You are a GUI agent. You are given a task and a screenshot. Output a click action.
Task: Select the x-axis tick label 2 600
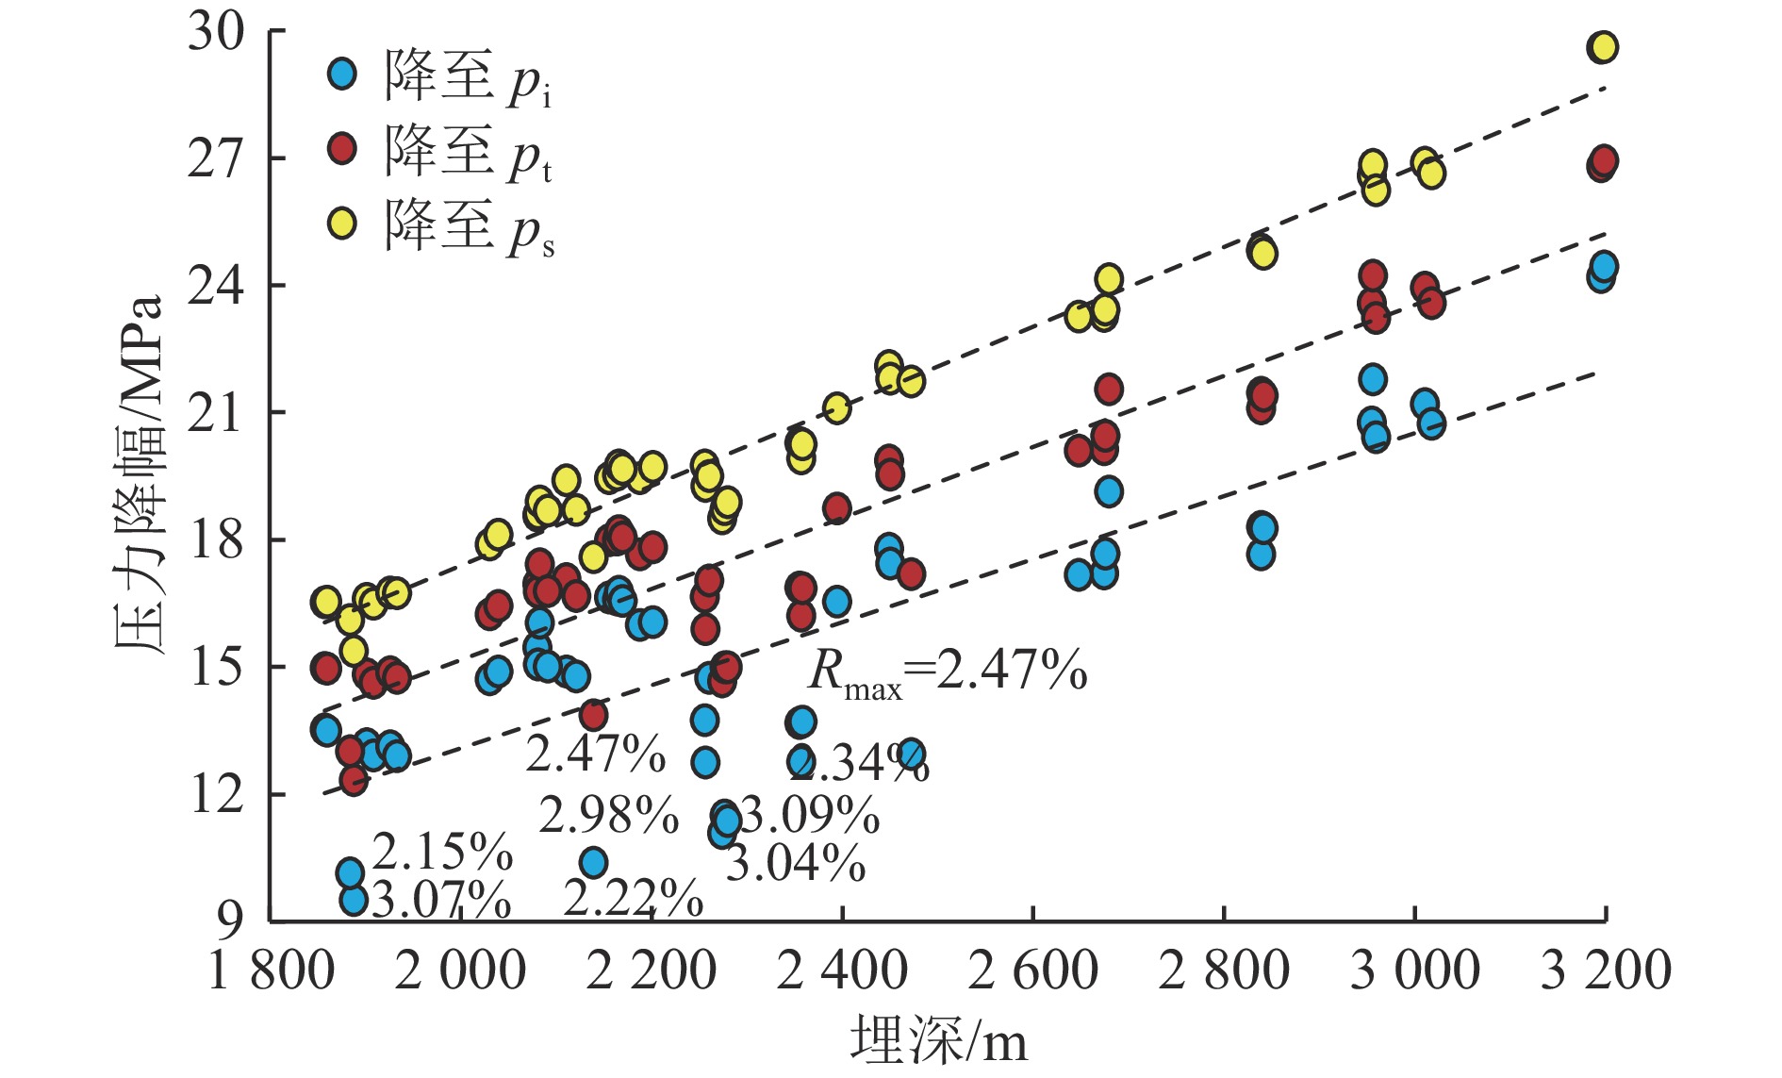pos(1033,970)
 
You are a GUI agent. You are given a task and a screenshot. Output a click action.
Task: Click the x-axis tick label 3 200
pos(1606,970)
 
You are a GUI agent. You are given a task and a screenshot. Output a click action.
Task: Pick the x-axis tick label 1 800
pos(271,970)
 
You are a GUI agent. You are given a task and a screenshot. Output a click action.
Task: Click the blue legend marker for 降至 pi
pos(342,74)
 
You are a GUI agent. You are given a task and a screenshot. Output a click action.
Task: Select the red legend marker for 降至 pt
pos(342,149)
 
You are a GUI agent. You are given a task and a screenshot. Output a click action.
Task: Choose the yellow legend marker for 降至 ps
pos(342,224)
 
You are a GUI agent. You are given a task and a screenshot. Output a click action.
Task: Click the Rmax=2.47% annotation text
pos(948,672)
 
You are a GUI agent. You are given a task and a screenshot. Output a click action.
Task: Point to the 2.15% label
pos(442,852)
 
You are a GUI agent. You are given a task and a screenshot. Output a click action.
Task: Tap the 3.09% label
pos(810,815)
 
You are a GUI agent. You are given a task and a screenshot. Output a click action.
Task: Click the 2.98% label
pos(608,815)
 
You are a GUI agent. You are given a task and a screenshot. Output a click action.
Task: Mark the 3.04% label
pos(795,863)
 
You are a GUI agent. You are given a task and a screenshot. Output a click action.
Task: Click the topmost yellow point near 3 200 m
pos(1603,46)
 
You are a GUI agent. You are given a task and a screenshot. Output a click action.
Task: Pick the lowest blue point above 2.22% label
pos(593,862)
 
